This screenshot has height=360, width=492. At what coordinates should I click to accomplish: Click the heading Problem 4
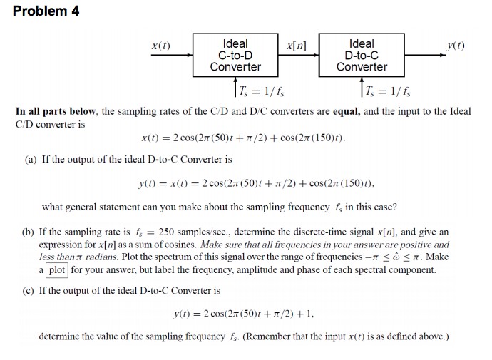(46, 11)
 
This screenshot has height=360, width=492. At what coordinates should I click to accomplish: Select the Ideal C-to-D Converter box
(235, 55)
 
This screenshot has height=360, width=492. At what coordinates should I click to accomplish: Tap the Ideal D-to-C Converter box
(362, 55)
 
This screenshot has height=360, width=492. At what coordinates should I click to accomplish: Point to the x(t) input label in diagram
(161, 46)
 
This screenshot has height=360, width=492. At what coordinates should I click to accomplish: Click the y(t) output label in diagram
(456, 46)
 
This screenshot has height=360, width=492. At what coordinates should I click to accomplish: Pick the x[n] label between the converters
(296, 45)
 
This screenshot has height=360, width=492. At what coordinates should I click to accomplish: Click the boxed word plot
(58, 269)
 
